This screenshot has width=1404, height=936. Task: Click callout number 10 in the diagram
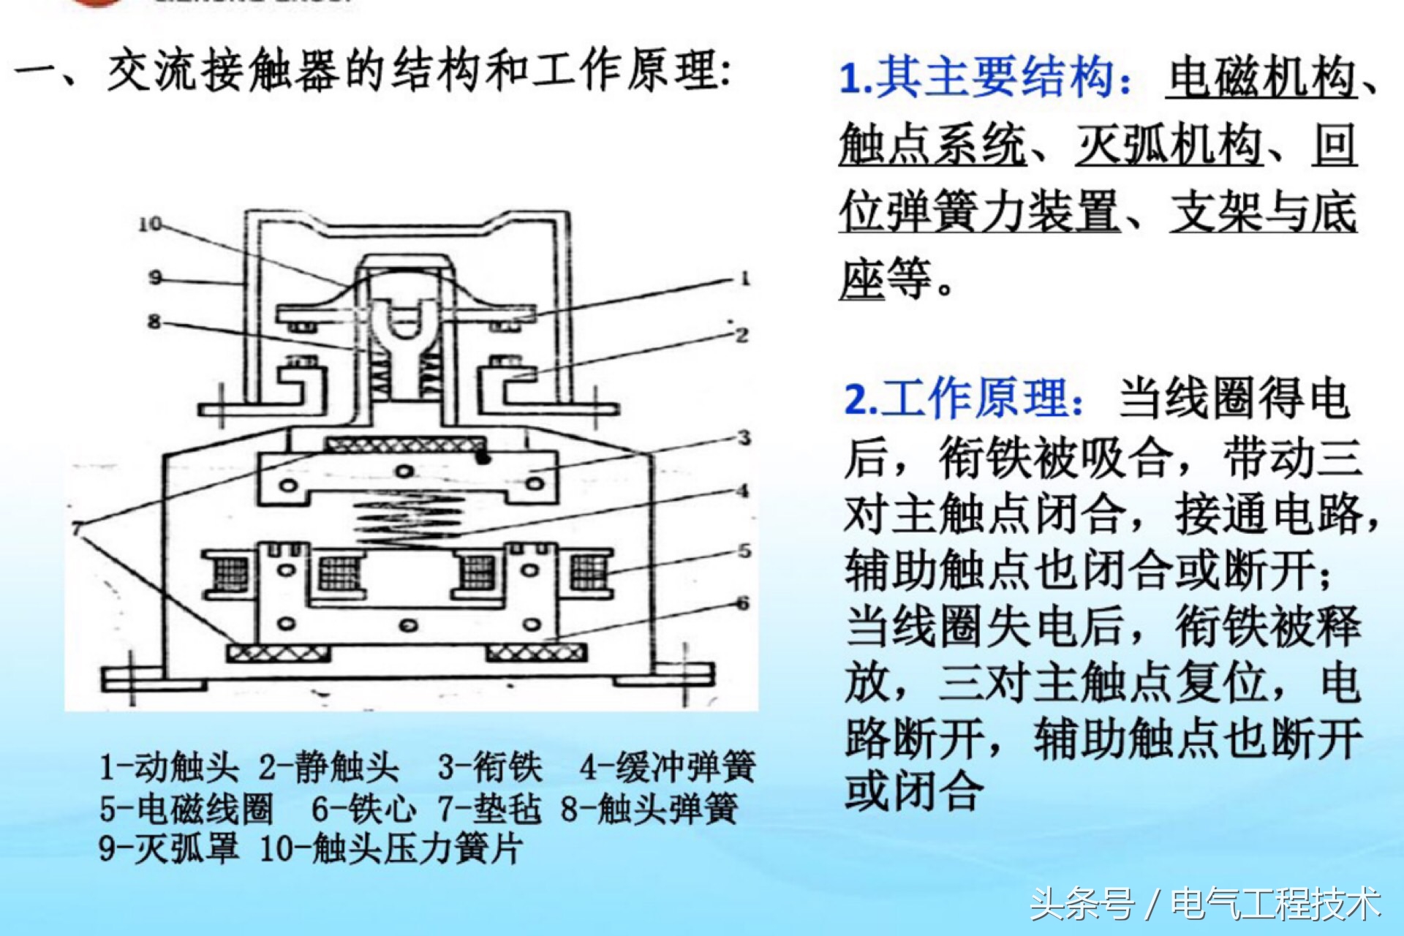[150, 224]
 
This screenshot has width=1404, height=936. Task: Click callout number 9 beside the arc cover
[155, 278]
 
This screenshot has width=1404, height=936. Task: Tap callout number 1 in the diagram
[744, 279]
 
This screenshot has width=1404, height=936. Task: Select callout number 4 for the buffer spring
[743, 491]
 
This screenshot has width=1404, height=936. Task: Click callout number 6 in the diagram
[743, 603]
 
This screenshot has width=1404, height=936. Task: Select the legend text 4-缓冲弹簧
[667, 768]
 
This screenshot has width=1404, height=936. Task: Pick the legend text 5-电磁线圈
[186, 809]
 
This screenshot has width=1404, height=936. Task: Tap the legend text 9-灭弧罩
[169, 849]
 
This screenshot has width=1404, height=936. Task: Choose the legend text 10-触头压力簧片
[391, 849]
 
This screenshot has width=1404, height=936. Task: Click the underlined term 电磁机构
[1261, 78]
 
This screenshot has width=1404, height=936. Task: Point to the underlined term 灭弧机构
[1169, 145]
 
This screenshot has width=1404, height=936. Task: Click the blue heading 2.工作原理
[964, 399]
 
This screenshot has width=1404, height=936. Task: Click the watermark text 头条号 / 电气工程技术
[1205, 904]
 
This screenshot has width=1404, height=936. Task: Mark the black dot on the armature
[482, 458]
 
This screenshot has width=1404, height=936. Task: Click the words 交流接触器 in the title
[223, 72]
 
